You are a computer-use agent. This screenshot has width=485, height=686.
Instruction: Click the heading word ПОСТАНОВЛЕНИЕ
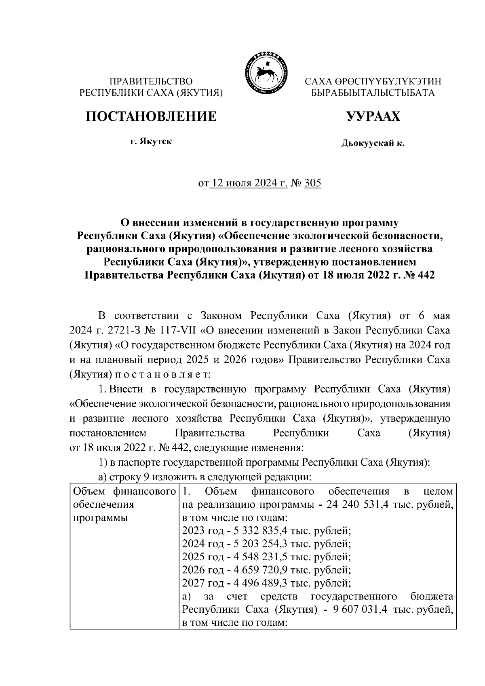[151, 116]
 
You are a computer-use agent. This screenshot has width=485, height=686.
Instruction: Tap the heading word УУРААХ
[373, 116]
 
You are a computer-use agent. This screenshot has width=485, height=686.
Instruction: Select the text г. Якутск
[151, 142]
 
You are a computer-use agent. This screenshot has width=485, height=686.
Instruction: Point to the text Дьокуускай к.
[373, 143]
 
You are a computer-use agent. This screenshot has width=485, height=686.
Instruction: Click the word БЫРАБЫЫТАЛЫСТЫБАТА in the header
[373, 93]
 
